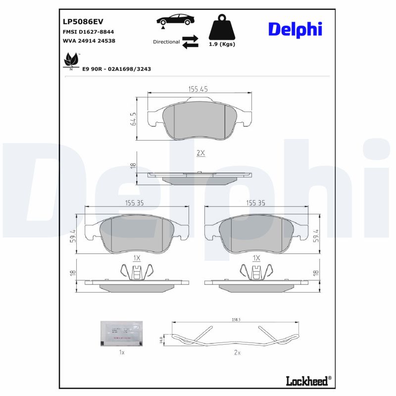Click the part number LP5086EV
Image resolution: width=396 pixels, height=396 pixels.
click(x=82, y=22)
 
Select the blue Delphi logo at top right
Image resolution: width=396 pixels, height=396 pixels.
click(x=295, y=29)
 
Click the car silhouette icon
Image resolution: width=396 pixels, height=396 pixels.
click(x=176, y=20)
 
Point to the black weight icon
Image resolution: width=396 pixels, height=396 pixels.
click(x=222, y=29)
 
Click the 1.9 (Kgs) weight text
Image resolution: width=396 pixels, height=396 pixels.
click(x=222, y=44)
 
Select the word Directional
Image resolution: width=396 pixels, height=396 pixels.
click(x=166, y=42)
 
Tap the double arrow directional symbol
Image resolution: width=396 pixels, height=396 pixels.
click(x=190, y=42)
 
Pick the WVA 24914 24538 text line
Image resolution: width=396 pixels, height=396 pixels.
click(x=89, y=41)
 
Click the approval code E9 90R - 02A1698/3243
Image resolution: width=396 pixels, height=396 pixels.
click(x=117, y=69)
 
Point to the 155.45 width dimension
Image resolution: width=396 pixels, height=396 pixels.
click(x=198, y=89)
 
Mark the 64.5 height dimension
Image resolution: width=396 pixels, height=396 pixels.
click(x=133, y=119)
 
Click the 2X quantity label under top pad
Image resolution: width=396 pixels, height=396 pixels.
click(x=200, y=153)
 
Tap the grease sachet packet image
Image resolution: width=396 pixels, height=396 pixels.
click(x=121, y=333)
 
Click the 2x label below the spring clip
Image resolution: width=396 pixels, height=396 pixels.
click(x=237, y=353)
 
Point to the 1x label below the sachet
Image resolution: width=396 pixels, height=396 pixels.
click(x=121, y=353)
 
